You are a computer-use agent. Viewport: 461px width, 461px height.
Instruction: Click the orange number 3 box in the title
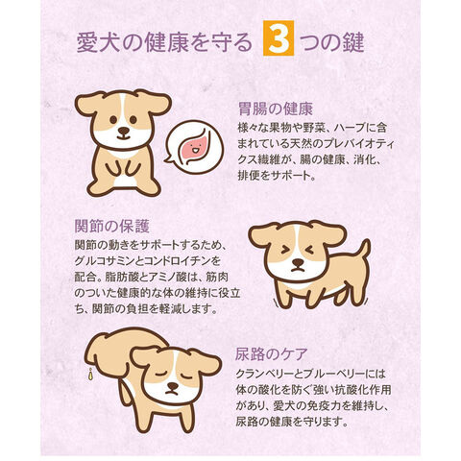279,38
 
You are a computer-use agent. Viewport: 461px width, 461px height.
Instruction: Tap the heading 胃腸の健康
276,109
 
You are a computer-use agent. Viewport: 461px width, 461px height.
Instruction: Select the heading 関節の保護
112,227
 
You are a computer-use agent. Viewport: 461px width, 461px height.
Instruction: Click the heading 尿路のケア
272,354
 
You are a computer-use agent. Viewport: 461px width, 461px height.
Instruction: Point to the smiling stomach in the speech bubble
194,148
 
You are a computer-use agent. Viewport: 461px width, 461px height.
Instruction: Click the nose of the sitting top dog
123,131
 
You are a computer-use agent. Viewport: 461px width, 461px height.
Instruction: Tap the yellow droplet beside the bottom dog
91,374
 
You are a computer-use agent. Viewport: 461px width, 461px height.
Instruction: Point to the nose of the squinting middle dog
298,262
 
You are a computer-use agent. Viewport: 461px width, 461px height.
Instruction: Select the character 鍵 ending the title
353,42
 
